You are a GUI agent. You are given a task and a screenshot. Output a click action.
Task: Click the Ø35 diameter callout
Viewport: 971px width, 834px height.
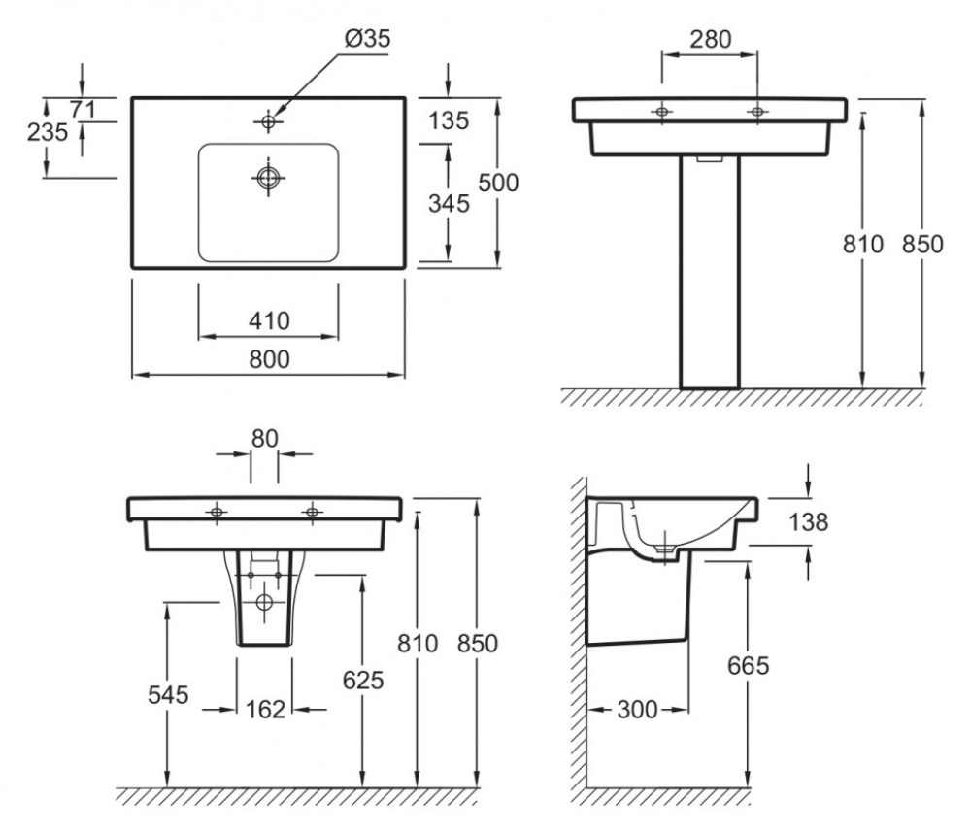(x=368, y=39)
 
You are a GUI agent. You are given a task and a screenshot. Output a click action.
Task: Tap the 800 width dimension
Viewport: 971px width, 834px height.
(x=269, y=359)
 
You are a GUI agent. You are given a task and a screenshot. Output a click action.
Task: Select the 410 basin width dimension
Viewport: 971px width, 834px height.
(x=269, y=320)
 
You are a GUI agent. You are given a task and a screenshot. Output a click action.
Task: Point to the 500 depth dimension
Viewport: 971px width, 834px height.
(x=498, y=183)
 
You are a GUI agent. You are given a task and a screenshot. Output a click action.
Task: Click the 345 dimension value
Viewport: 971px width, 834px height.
(x=449, y=203)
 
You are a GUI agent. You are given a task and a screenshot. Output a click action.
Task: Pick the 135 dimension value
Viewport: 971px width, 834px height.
(x=449, y=120)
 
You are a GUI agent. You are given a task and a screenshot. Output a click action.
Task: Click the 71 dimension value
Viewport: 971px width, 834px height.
(x=83, y=111)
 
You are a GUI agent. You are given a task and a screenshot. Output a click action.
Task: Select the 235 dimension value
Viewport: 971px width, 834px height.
(x=48, y=132)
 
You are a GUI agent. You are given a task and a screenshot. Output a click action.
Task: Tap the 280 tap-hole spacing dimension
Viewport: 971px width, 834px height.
(x=711, y=39)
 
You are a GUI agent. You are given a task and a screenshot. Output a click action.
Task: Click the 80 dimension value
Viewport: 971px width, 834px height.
(x=264, y=439)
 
